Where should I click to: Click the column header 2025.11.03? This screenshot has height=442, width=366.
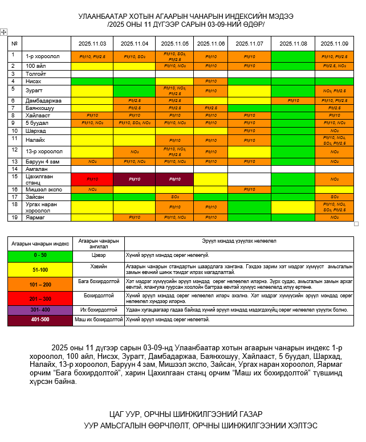point(92,43)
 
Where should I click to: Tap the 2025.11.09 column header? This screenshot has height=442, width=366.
point(334,43)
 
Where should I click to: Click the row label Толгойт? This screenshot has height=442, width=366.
point(36,74)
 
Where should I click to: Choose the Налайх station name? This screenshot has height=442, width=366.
point(36,140)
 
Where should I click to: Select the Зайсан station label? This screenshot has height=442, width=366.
point(35,197)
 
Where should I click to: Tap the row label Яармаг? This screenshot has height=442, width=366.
point(35,218)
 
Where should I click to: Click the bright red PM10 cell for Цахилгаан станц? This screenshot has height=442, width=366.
point(92,179)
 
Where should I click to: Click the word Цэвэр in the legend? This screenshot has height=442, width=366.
point(100,255)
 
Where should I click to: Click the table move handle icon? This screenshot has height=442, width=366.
point(4,32)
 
